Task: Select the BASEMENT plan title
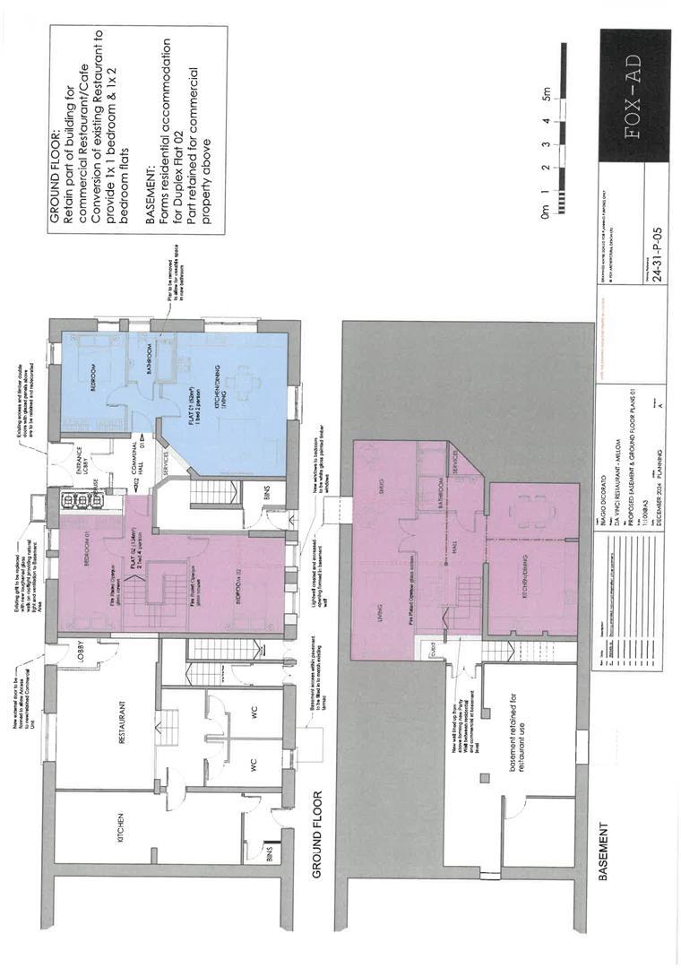coord(602,851)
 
